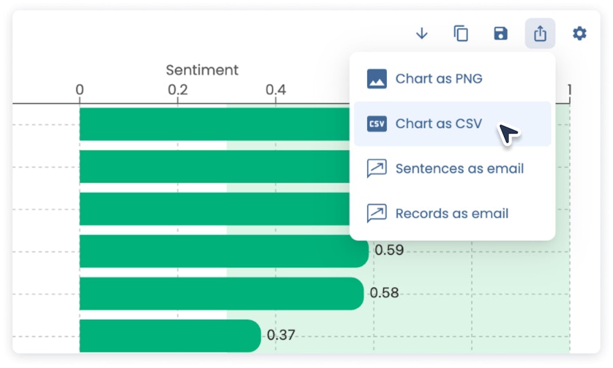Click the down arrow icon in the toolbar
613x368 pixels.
422,33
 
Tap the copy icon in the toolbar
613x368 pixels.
461,33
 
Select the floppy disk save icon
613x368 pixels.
501,33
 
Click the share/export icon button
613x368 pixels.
540,33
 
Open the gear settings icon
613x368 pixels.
580,33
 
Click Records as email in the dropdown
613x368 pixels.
452,213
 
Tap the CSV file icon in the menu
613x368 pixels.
377,123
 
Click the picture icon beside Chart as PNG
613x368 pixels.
377,78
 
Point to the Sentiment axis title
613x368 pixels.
202,70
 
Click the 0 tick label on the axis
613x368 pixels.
80,89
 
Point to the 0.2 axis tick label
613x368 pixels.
178,89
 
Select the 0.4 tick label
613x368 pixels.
276,89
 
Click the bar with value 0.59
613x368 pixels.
224,251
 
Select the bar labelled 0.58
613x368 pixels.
221,294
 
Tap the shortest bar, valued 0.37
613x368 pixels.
170,336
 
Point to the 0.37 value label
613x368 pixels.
281,335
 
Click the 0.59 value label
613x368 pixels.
389,250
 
